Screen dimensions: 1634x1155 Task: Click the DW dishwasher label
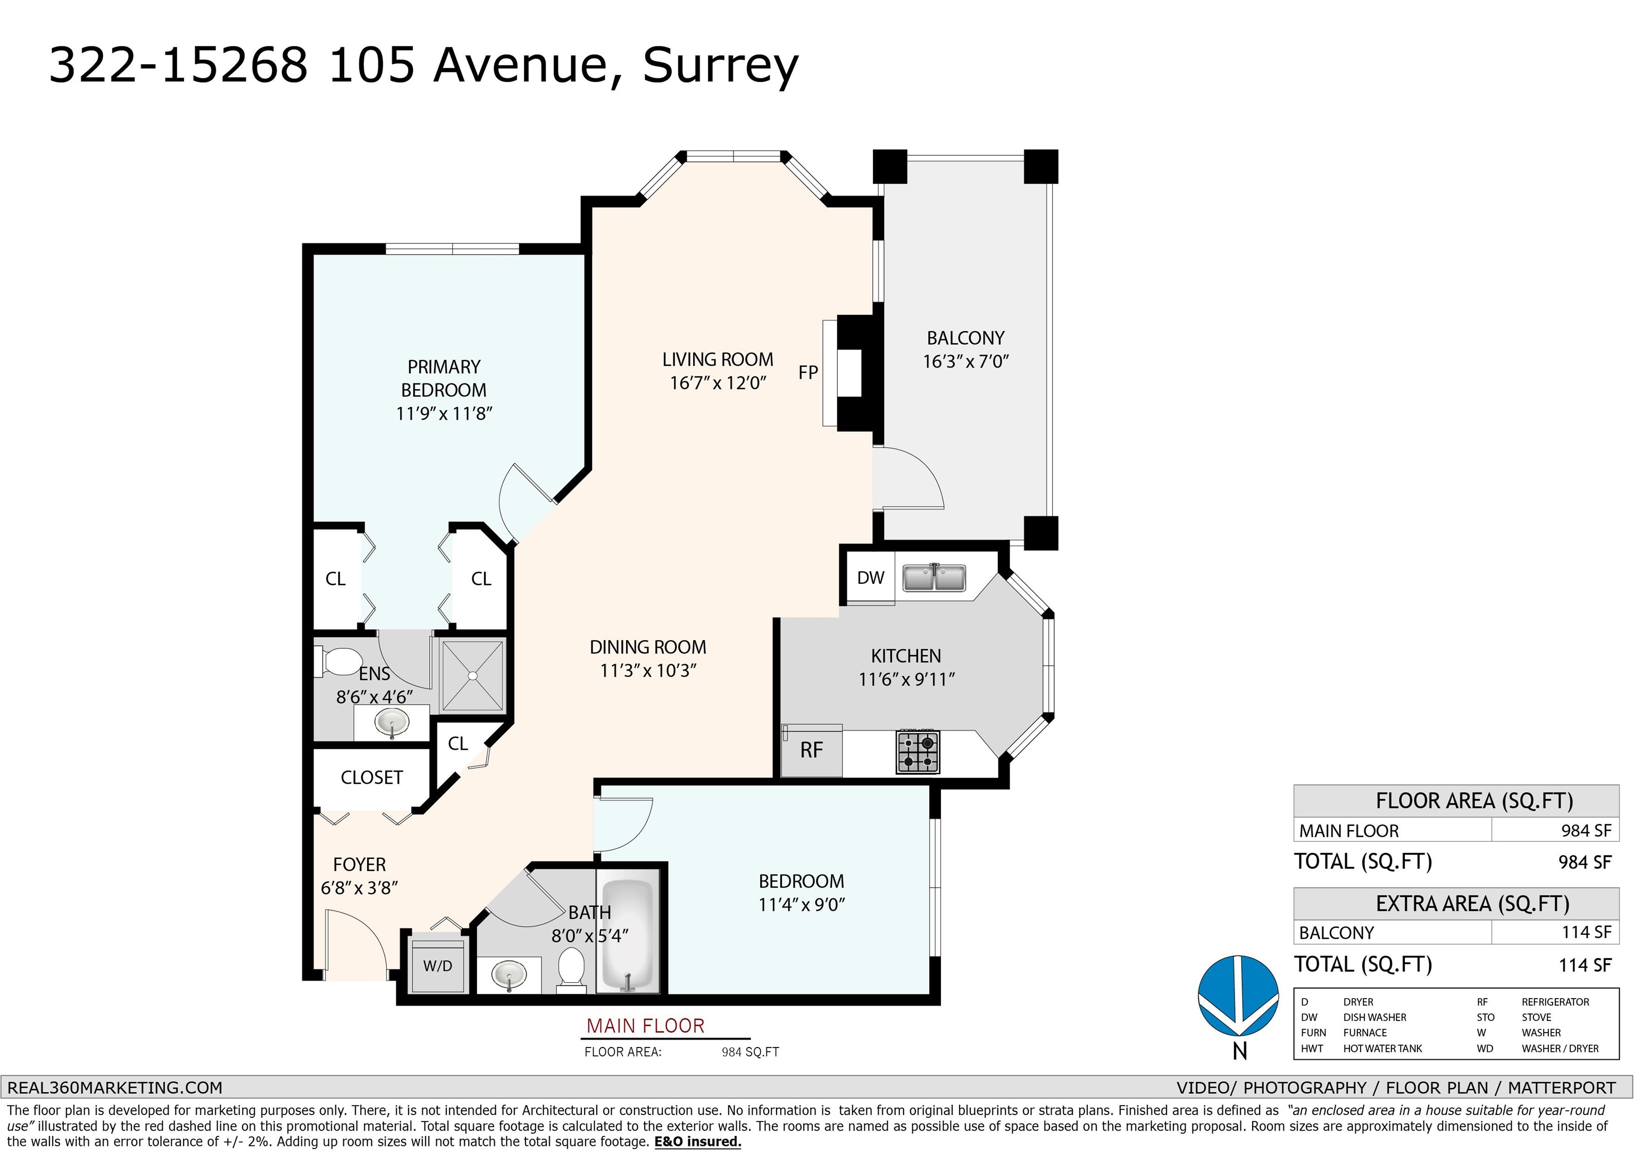(870, 578)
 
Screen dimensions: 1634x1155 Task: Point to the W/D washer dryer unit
(438, 966)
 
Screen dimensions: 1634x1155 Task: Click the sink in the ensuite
(392, 724)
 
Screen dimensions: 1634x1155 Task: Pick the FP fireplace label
(808, 372)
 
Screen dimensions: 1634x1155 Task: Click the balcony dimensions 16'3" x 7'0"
(966, 362)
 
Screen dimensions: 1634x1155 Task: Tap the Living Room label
(718, 359)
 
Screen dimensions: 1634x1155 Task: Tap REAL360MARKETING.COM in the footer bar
(114, 1087)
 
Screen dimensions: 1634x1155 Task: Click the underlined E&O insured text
(697, 1142)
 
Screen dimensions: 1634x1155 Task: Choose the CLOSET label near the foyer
(371, 777)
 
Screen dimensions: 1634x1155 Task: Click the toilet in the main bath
(571, 968)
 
